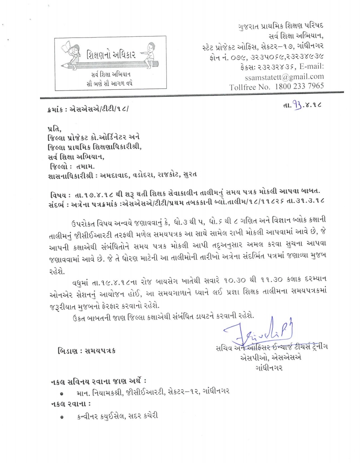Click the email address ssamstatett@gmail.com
[284, 77]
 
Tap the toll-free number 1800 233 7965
[298, 86]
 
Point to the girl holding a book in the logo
[67, 52]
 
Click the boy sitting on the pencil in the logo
[149, 53]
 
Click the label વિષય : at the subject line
[58, 194]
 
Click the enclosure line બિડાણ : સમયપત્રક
[87, 351]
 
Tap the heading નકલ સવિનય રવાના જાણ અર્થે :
[99, 381]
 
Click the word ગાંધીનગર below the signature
[268, 367]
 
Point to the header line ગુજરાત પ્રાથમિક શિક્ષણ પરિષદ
[280, 26]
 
